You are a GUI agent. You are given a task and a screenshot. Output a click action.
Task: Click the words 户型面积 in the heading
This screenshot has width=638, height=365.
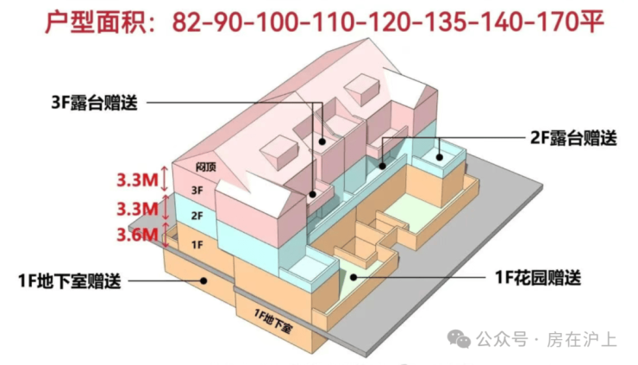coord(84,22)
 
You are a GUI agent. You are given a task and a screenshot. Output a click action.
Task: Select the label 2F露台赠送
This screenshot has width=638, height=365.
coord(573,136)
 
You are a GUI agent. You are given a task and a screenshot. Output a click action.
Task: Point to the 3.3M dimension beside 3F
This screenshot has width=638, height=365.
coord(138,180)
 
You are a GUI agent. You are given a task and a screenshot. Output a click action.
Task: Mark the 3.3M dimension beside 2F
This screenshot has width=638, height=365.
coord(138,209)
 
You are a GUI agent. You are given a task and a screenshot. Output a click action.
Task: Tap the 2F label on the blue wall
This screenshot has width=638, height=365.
coord(197,215)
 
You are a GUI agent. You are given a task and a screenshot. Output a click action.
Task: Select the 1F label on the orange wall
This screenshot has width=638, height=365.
coord(197,245)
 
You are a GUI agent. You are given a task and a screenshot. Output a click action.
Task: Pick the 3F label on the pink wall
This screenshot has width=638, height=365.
coord(197,189)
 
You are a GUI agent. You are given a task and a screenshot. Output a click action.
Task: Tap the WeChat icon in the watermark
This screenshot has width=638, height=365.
coord(458,339)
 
